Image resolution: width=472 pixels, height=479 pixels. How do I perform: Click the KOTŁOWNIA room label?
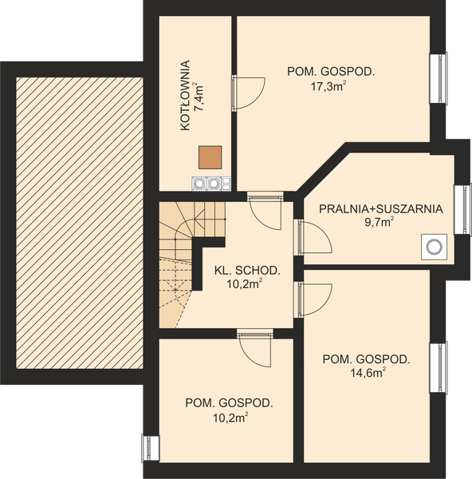[185, 95]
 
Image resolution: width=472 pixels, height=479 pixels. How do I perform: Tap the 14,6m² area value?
[366, 372]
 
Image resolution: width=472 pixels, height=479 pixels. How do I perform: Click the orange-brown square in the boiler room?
[210, 157]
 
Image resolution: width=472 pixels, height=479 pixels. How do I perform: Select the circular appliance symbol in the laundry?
[434, 247]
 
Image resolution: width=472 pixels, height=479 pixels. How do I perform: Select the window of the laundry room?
[461, 210]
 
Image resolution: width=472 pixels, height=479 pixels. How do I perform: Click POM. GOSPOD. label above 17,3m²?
[331, 72]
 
